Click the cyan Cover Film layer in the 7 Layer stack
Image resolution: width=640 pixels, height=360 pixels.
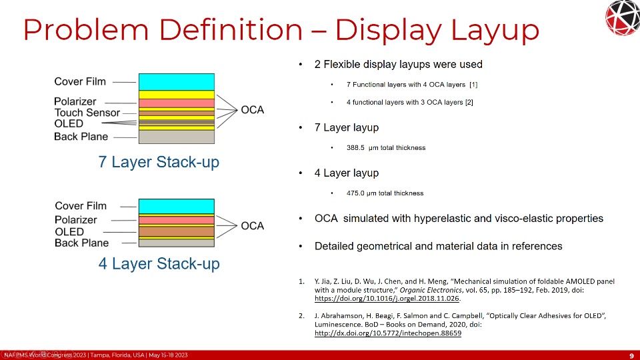(176, 82)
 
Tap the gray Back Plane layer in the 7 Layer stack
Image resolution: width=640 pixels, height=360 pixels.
(176, 137)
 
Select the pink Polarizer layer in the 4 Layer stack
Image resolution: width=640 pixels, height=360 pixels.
(176, 220)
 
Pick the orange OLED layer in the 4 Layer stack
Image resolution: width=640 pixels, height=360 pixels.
(176, 231)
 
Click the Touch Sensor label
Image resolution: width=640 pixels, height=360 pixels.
(87, 113)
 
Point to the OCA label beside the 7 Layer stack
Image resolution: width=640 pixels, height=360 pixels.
(252, 110)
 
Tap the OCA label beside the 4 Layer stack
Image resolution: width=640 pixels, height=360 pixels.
(252, 226)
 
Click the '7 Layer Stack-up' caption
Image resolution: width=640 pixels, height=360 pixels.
(159, 162)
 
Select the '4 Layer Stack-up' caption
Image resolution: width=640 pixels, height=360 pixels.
(159, 264)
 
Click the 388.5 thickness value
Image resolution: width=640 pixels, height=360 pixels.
(355, 148)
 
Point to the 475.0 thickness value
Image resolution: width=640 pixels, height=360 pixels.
(355, 193)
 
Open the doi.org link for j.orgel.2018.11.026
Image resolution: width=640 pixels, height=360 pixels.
(387, 299)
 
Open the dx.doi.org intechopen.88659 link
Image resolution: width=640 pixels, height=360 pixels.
(388, 333)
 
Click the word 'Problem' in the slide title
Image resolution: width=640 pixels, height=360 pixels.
(86, 30)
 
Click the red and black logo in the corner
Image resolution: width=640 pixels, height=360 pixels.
(623, 17)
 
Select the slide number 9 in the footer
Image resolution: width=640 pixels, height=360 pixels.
(632, 355)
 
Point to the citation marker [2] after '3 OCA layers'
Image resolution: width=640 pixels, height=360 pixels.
(469, 102)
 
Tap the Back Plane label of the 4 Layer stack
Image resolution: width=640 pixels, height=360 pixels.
(81, 243)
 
